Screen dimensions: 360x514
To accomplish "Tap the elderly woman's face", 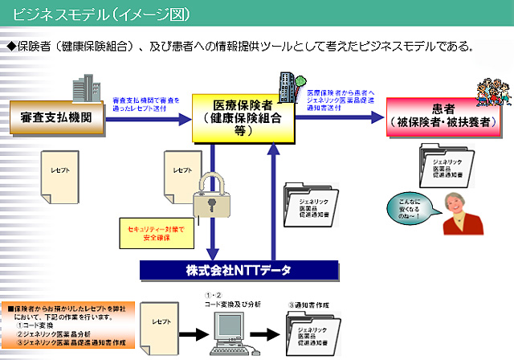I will tap(463, 211).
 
